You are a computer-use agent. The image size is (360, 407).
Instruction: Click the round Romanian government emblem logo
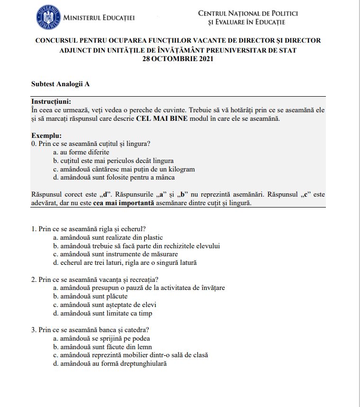[x=48, y=18]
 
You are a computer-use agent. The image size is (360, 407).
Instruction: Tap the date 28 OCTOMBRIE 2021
[x=178, y=59]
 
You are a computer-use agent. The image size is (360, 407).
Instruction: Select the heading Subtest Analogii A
[x=60, y=84]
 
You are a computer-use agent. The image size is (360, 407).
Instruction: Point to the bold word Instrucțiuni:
[x=51, y=102]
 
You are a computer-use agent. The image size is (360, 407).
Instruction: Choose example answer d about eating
[x=114, y=178]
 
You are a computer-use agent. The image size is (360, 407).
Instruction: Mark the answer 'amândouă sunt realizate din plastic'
[x=108, y=237]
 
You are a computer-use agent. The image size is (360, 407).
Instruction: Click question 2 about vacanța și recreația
[x=95, y=280]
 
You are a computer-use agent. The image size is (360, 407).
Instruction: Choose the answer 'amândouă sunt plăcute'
[x=90, y=296]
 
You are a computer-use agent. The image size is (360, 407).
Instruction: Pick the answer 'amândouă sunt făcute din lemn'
[x=102, y=346]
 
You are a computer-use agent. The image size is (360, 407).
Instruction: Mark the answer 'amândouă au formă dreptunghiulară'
[x=110, y=363]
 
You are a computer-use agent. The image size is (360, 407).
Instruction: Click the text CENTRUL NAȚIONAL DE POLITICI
[x=248, y=13]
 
